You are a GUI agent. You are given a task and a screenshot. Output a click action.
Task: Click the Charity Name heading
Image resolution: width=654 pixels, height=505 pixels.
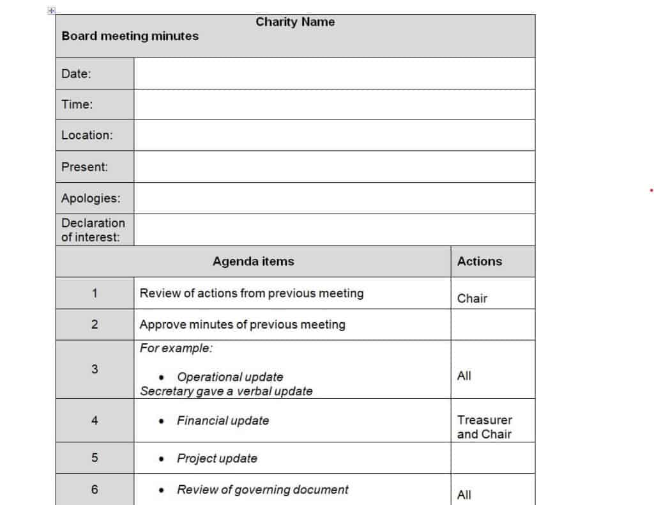(295, 22)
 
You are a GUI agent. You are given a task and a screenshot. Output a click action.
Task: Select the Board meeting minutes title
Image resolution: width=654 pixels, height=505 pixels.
(130, 36)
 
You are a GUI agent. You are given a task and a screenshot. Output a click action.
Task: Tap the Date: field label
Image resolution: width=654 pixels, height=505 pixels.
(76, 74)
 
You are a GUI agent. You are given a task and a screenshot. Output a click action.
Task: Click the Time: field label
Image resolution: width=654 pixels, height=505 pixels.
(77, 104)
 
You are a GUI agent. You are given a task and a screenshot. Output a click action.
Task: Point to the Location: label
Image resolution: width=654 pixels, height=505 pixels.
(87, 135)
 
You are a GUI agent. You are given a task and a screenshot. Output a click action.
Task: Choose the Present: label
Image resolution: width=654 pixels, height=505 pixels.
(84, 167)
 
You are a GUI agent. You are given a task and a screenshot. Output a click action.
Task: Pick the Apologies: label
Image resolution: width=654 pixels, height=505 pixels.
(90, 198)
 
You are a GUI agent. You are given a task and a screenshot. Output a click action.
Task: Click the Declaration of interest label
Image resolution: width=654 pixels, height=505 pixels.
(93, 230)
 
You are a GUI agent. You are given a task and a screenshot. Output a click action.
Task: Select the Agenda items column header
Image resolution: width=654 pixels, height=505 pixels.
(253, 261)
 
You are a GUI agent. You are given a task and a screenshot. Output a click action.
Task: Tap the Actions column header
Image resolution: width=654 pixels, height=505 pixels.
(480, 261)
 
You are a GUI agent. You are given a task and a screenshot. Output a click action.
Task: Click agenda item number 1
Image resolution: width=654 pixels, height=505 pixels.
(95, 293)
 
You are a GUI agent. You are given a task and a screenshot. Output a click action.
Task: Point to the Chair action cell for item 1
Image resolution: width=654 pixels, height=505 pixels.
(472, 298)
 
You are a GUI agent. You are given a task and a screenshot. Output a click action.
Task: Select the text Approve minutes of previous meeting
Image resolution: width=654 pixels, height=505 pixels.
(242, 325)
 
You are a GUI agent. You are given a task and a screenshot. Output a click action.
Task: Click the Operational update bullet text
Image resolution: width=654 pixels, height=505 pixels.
(230, 377)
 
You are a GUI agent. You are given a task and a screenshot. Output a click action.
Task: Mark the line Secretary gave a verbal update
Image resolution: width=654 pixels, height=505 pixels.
(226, 391)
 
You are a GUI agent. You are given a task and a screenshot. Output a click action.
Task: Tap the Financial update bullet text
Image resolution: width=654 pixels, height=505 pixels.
(223, 421)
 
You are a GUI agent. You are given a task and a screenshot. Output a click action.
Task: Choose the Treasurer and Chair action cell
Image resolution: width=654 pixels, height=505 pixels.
(485, 427)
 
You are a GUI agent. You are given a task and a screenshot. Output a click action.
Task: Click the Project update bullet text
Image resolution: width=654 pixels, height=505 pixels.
(217, 458)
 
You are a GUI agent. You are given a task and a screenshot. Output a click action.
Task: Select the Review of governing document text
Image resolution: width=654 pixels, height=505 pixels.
(262, 490)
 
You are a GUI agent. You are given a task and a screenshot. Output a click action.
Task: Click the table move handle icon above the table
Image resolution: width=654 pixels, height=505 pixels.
(52, 10)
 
